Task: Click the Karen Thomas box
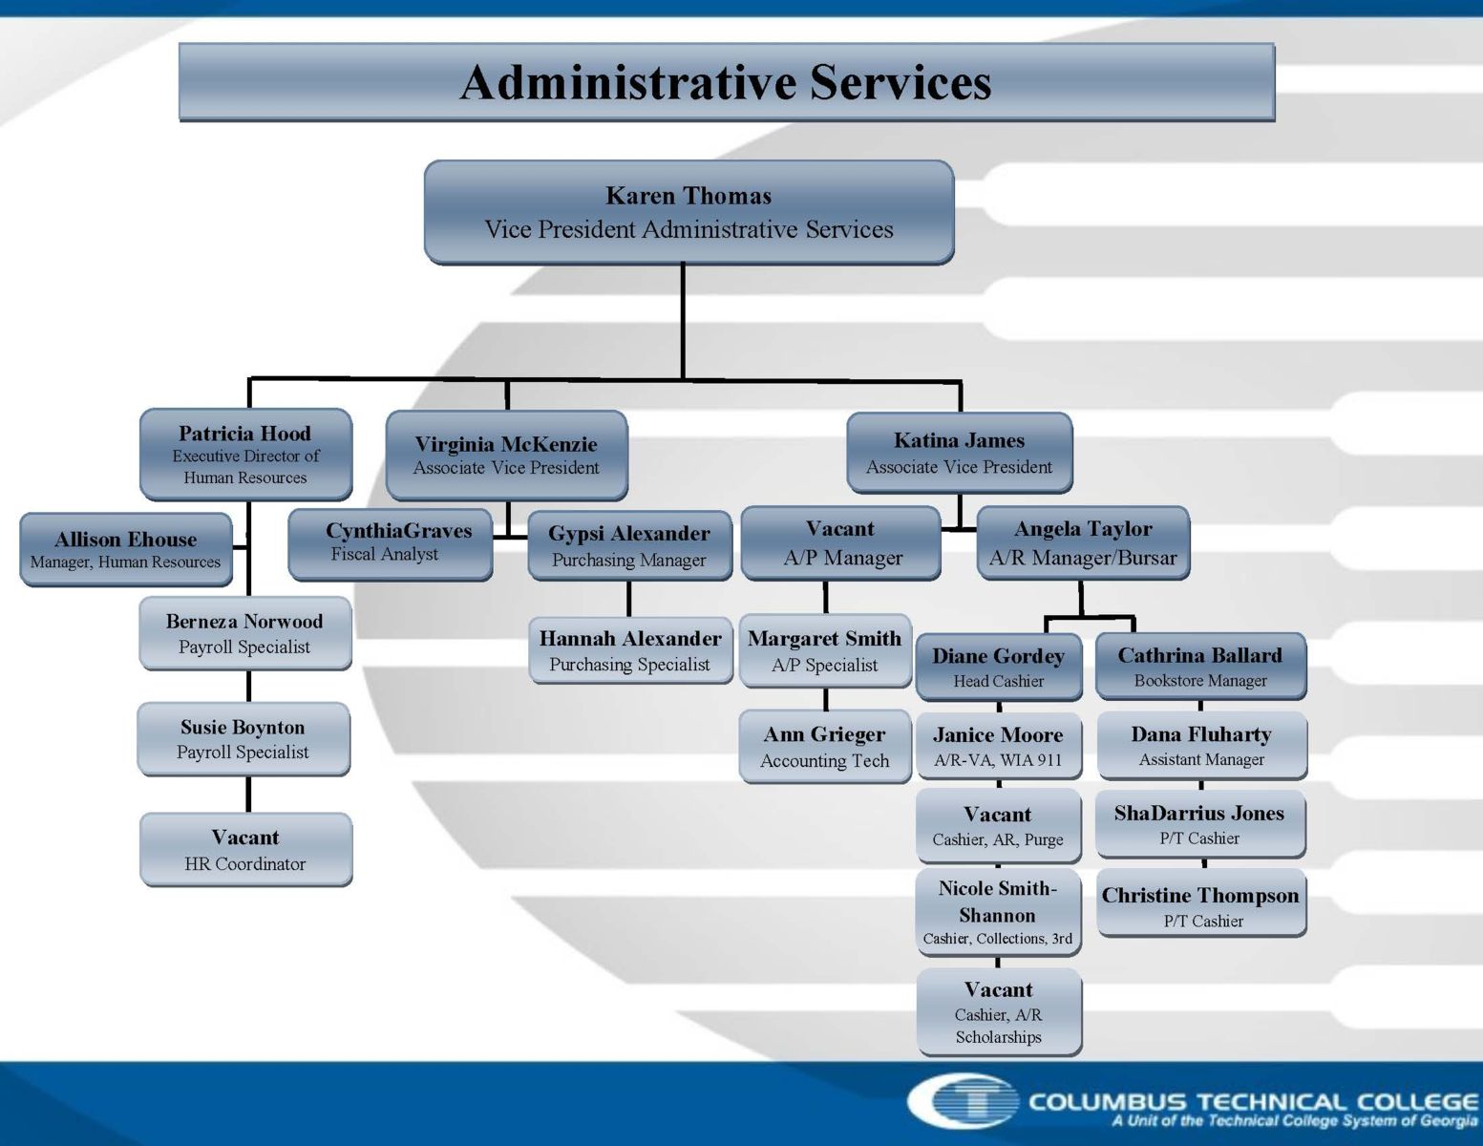coord(689,212)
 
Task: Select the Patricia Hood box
coord(245,455)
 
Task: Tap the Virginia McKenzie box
coord(506,456)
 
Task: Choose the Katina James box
coord(960,454)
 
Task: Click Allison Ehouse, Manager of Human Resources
coord(126,549)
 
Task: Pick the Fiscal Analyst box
coord(391,544)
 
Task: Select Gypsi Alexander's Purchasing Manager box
coord(629,545)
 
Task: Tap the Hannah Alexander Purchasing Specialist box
coord(630,650)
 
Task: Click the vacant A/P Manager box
coord(840,543)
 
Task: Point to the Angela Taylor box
coord(1083,543)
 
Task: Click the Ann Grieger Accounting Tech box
coord(825,747)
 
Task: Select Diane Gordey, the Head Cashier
coord(999,667)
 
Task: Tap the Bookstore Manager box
coord(1201,667)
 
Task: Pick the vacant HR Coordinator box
coord(245,850)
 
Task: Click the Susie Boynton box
coord(244,739)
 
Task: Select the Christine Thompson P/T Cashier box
coord(1201,903)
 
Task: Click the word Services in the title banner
coord(900,83)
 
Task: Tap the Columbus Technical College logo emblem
coord(964,1100)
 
